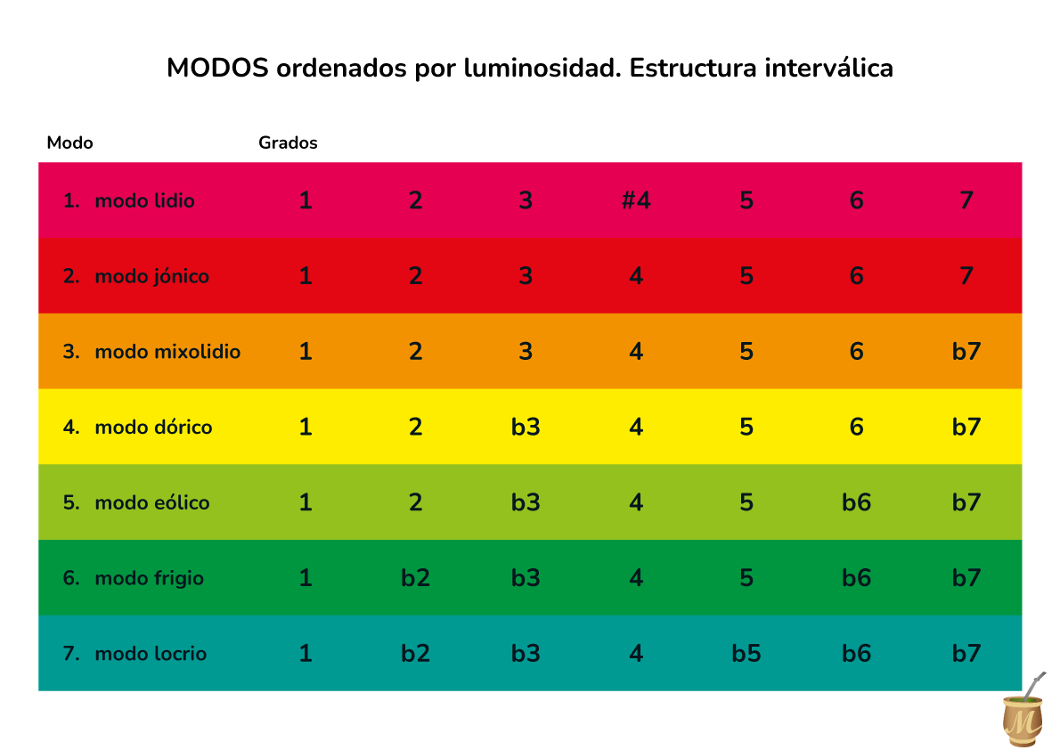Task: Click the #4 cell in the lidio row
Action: (636, 200)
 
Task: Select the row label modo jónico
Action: (151, 276)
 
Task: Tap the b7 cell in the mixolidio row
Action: (966, 352)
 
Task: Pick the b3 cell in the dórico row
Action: (526, 428)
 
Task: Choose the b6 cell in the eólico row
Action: (856, 503)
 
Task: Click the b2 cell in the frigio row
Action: (415, 579)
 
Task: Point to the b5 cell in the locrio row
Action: (746, 654)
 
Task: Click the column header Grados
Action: (288, 143)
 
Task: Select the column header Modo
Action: (69, 143)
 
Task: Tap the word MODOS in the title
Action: (217, 69)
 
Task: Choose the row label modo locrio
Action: (151, 654)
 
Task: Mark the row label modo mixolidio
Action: (167, 352)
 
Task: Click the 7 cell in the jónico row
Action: (966, 276)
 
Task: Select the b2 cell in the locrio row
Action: (415, 654)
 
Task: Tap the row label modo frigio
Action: (149, 579)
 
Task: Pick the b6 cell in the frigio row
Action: (856, 579)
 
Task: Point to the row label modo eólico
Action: (152, 503)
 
